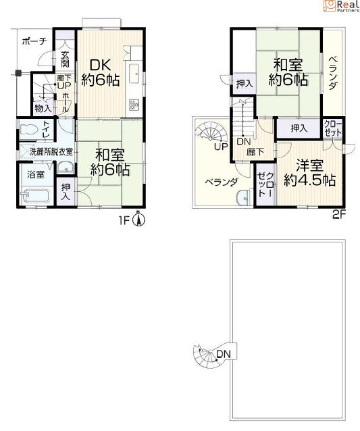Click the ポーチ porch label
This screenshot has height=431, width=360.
tap(34, 41)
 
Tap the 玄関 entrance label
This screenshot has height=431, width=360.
tap(65, 59)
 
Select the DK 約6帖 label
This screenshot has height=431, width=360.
tap(101, 73)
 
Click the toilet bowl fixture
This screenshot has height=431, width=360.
tap(30, 129)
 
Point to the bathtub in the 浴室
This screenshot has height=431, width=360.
tap(36, 196)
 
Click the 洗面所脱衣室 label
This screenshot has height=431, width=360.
tap(51, 152)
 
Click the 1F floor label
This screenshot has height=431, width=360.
tap(124, 221)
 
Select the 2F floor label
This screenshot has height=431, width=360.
tap(338, 214)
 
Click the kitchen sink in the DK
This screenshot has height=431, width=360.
tap(134, 73)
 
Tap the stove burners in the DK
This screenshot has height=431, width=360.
tap(134, 104)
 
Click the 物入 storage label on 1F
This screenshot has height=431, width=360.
tap(43, 108)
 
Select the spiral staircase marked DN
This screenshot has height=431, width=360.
tap(209, 355)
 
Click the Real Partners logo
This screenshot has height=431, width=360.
tap(342, 6)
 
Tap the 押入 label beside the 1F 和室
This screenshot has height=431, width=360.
tap(66, 192)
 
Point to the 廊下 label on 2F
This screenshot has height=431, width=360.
tap(255, 152)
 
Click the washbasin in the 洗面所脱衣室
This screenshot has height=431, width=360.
tap(66, 167)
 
